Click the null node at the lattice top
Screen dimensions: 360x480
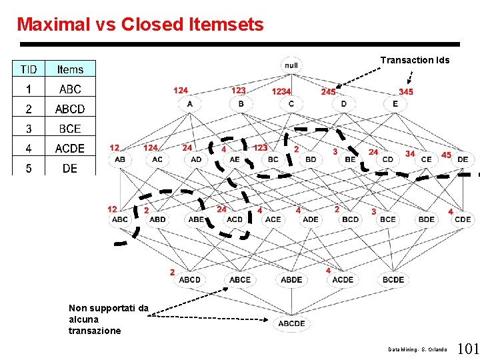pyautogui.click(x=291, y=65)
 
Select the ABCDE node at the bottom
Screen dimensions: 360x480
pyautogui.click(x=291, y=323)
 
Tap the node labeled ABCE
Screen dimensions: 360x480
pyautogui.click(x=240, y=279)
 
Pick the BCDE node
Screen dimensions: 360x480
pyautogui.click(x=393, y=279)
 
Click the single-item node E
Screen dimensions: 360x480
pyautogui.click(x=395, y=104)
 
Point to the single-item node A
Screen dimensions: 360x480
pyautogui.click(x=190, y=104)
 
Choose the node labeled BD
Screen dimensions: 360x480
pyautogui.click(x=311, y=159)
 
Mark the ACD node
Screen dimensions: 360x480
pyautogui.click(x=235, y=219)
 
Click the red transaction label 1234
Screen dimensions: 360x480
pyautogui.click(x=281, y=91)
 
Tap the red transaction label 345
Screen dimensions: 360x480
pyautogui.click(x=405, y=91)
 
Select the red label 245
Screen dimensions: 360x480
pyautogui.click(x=328, y=92)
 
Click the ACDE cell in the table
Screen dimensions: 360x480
pyautogui.click(x=70, y=148)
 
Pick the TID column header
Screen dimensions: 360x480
pyautogui.click(x=29, y=69)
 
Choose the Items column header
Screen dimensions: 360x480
pyautogui.click(x=70, y=69)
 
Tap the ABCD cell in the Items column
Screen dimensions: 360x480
pyautogui.click(x=70, y=109)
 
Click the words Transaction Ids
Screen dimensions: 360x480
pyautogui.click(x=415, y=60)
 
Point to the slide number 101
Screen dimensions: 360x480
pyautogui.click(x=469, y=349)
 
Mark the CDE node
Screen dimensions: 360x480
pyautogui.click(x=463, y=219)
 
